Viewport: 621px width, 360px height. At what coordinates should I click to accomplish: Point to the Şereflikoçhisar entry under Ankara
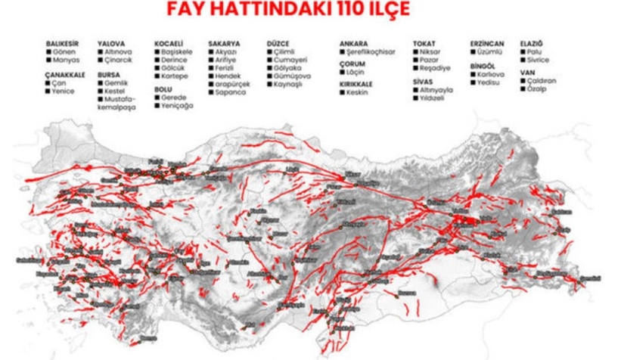[371, 53]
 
